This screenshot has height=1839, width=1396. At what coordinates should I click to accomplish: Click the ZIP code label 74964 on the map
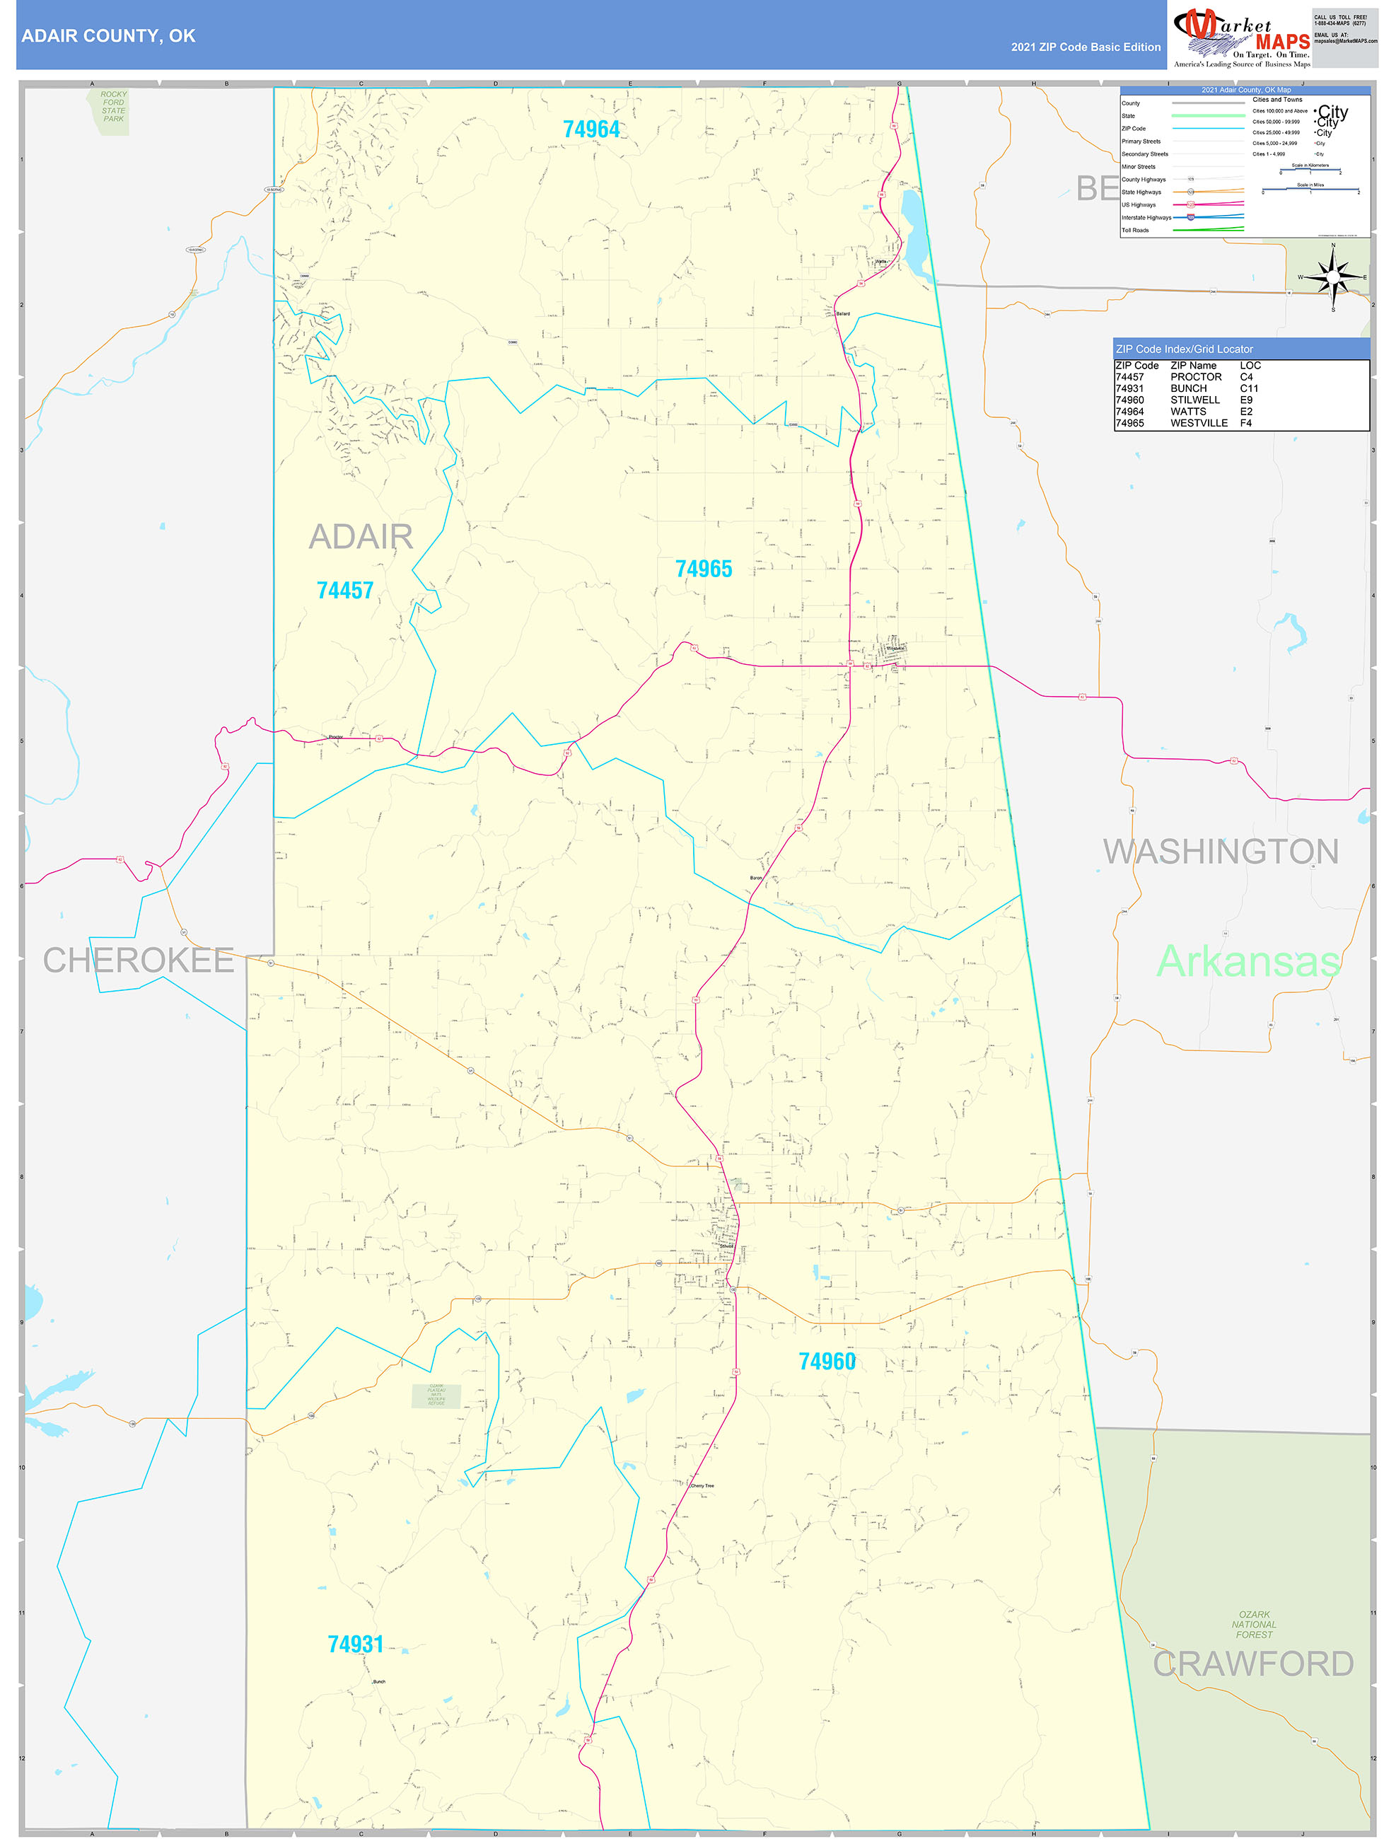591,129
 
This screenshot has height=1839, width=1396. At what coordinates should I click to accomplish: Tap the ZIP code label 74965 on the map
704,569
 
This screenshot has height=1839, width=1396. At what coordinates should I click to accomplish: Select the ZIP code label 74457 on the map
345,591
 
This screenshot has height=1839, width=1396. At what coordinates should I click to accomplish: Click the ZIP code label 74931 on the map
356,1644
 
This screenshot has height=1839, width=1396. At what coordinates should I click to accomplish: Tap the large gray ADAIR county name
361,537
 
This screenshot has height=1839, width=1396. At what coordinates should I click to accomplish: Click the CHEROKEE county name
138,961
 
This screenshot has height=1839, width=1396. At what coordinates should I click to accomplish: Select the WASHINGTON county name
1220,852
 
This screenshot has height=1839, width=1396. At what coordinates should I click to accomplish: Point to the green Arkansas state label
1247,961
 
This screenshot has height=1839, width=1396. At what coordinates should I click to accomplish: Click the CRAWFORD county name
1252,1664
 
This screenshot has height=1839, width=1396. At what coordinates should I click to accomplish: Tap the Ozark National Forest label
1254,1625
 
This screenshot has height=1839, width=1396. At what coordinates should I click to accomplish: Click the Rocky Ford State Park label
113,106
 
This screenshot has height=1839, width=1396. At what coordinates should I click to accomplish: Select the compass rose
1333,277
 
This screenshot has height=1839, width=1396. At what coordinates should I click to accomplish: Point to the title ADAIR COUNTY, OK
108,36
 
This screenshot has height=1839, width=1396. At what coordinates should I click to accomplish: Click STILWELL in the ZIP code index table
1194,400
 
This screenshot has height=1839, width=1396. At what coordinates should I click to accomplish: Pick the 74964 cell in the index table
1129,412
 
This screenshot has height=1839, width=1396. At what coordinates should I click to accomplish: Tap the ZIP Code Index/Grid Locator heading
1184,349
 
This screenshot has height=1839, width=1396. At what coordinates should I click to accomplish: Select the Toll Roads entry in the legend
1135,231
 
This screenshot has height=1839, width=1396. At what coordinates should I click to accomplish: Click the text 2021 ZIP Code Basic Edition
1085,47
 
